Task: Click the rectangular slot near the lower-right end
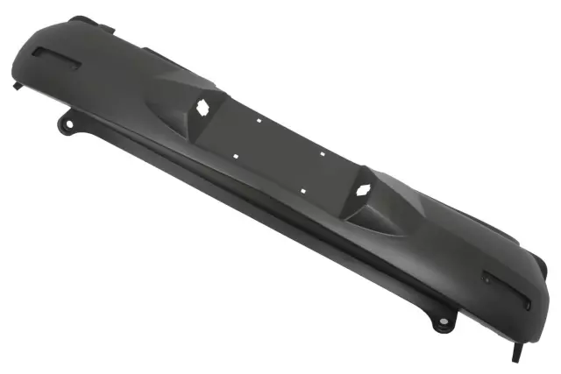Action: coord(506,289)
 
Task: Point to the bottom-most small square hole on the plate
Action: coord(303,189)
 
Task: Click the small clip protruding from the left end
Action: coord(18,87)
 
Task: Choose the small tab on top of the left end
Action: coord(81,19)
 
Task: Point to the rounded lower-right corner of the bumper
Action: coord(526,320)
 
